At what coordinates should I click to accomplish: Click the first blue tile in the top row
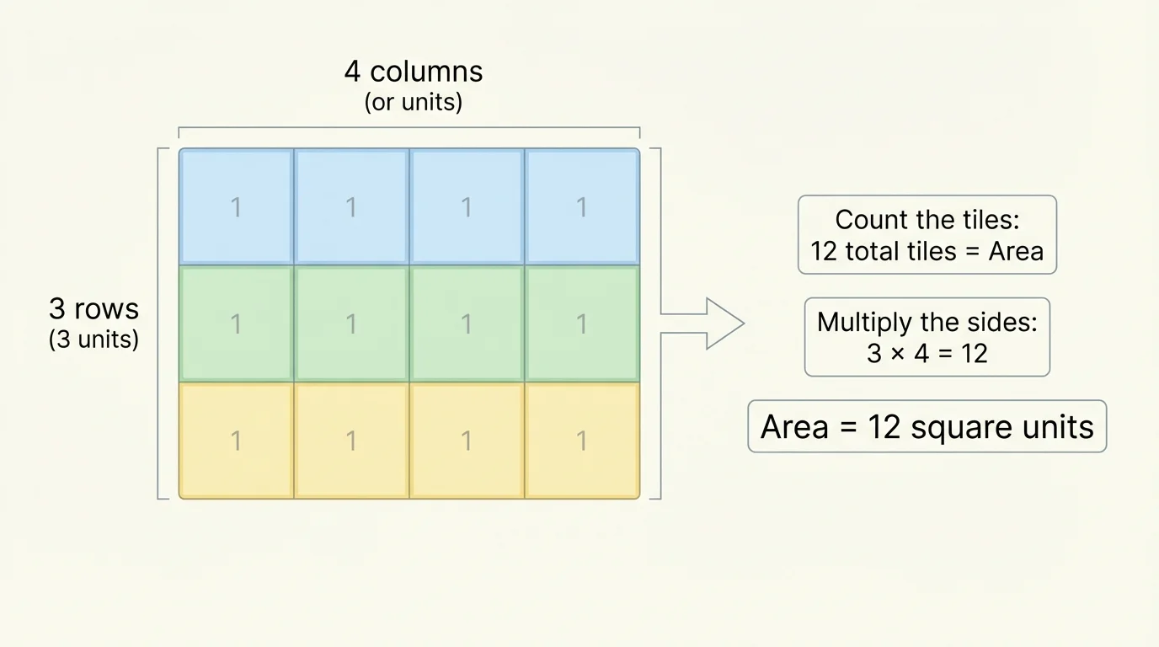point(236,207)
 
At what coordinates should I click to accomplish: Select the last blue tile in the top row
point(582,207)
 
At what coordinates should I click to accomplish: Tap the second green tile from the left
point(351,323)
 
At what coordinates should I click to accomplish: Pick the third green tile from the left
point(467,323)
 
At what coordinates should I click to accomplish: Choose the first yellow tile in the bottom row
point(236,440)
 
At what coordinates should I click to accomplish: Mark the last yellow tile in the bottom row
point(582,440)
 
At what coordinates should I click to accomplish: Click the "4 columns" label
point(413,72)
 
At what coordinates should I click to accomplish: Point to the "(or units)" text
point(413,103)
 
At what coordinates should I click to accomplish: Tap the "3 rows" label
point(93,309)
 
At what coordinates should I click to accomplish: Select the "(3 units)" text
point(93,340)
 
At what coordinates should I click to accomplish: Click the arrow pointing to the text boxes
point(704,323)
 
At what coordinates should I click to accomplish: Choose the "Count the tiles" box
point(927,235)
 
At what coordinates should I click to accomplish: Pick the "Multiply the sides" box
point(927,337)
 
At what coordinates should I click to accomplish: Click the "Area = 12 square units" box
point(927,427)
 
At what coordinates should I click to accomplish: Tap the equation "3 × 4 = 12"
point(927,353)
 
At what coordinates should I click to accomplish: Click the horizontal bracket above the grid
point(409,128)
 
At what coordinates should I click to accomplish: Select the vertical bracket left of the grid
point(159,323)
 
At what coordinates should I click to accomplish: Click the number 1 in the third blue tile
point(467,207)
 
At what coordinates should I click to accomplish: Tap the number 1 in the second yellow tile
point(351,440)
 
